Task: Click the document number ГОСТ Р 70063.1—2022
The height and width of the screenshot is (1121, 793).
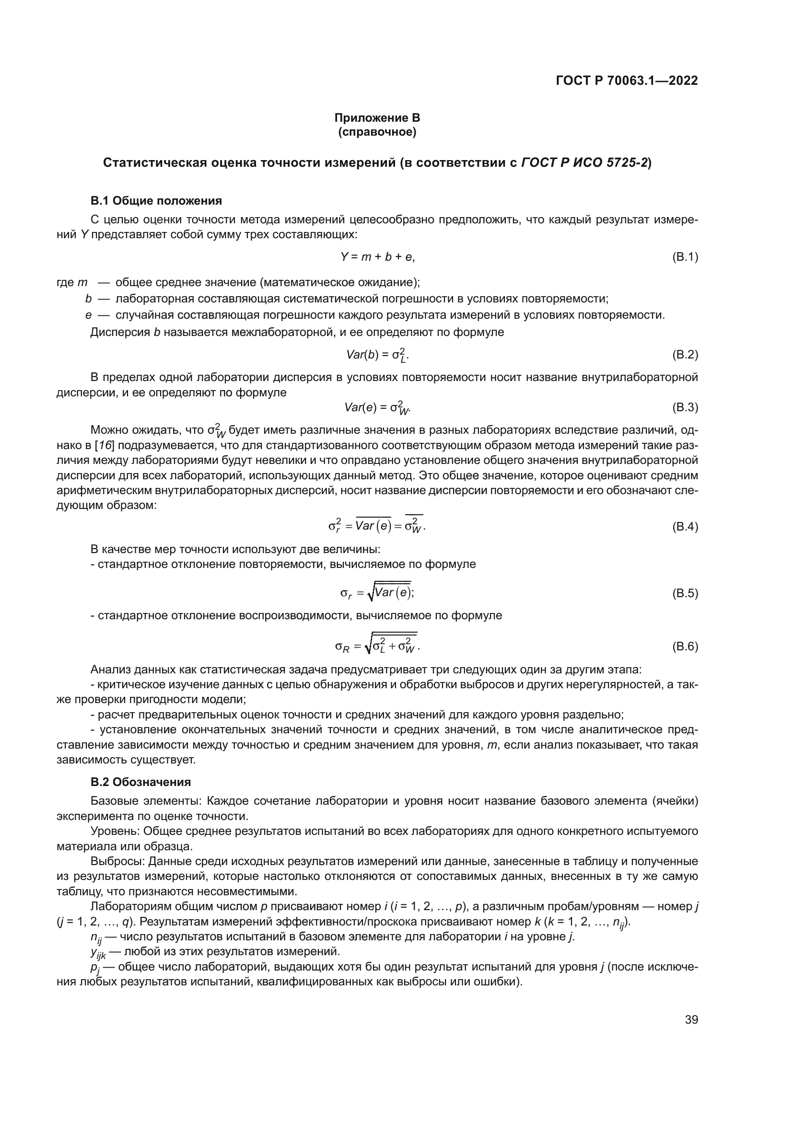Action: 627,81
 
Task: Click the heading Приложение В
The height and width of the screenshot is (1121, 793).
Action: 377,118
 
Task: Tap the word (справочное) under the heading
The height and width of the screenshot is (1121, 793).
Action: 377,132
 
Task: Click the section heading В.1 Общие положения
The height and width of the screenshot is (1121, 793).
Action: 156,201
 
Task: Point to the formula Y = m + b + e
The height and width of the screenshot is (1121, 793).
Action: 377,257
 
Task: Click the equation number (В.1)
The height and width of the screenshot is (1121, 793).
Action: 685,257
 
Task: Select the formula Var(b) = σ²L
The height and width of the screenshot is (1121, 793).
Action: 377,355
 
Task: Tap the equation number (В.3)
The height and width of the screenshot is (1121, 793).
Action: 685,407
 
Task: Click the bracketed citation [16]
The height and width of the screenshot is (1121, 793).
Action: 104,445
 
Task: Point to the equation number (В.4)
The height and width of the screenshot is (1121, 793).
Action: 685,526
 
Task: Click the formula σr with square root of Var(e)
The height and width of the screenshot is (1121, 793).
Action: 377,593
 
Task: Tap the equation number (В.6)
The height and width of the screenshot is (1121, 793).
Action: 685,647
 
